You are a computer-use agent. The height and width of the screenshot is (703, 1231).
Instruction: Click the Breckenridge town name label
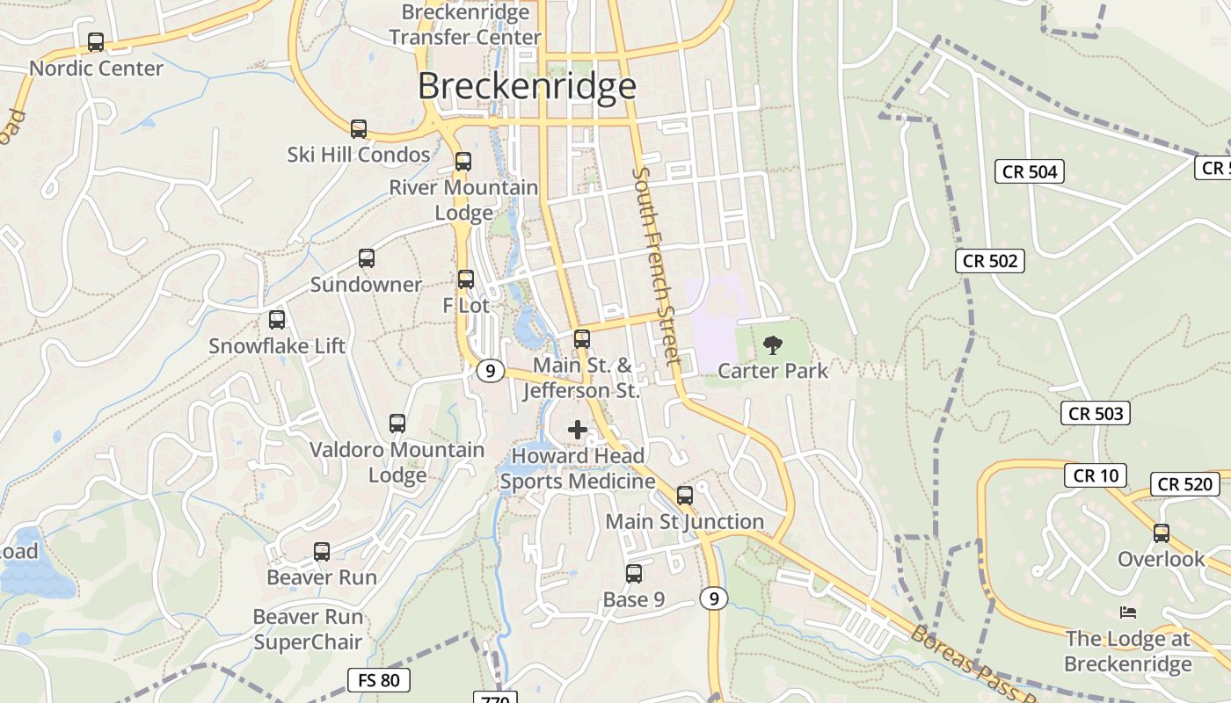pos(527,86)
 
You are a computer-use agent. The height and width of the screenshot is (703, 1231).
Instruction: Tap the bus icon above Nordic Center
pos(96,42)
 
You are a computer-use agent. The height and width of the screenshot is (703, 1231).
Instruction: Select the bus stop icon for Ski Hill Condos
pos(359,129)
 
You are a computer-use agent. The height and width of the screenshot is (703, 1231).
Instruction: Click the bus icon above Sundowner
pos(367,259)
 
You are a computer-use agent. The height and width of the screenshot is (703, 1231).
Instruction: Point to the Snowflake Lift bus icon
pos(277,320)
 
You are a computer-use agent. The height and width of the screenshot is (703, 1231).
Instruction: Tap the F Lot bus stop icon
pos(466,279)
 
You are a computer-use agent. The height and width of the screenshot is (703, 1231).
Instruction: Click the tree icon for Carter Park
pos(773,345)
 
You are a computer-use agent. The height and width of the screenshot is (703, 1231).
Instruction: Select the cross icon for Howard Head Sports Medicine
pos(578,430)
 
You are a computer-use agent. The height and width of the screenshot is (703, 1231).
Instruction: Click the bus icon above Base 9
pos(634,574)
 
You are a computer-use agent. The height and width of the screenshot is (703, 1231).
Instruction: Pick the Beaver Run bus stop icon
pos(322,552)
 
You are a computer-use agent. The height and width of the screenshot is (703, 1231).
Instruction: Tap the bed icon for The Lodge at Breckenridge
pos(1128,612)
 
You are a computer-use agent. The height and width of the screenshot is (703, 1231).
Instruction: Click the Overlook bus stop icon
pos(1162,533)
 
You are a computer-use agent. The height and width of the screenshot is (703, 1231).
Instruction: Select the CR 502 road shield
pos(990,260)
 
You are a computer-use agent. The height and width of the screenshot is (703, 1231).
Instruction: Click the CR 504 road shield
pos(1030,171)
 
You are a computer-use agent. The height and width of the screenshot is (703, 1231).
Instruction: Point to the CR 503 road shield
pos(1095,413)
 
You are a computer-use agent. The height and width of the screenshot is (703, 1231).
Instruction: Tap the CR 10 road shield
pos(1095,475)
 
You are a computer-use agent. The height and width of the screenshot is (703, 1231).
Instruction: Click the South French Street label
pos(657,265)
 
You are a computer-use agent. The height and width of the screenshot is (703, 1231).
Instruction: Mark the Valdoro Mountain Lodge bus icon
pos(397,424)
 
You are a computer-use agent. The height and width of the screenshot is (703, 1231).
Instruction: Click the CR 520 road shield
pos(1184,483)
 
